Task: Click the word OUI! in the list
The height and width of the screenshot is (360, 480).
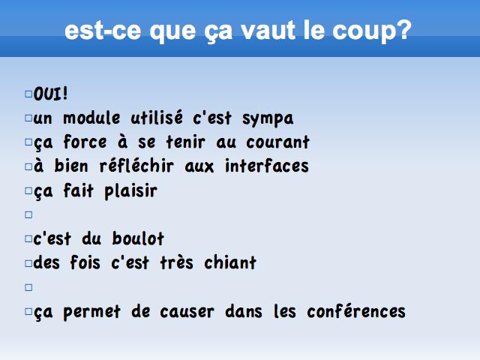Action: pos(50,94)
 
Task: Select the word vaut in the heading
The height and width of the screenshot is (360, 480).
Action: pos(268,30)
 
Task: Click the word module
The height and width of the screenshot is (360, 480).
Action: pos(91,118)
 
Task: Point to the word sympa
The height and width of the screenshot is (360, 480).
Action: pos(268,119)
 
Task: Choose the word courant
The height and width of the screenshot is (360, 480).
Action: pos(278,142)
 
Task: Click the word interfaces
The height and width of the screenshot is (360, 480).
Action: pos(267,166)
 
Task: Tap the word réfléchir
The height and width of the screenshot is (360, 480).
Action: pos(136,166)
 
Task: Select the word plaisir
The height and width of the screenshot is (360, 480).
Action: pos(131,192)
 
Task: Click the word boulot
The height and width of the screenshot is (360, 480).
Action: pos(138,238)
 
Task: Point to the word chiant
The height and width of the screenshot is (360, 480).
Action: pos(230,262)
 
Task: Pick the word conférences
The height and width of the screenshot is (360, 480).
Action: pos(356,311)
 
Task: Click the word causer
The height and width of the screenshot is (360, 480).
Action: pos(187,312)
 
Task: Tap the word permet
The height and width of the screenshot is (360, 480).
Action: pos(91,313)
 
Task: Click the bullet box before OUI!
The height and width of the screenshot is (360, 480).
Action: pos(28,94)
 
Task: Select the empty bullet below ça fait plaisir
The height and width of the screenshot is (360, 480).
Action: pos(28,215)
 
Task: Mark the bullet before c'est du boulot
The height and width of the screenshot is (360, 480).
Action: pos(28,238)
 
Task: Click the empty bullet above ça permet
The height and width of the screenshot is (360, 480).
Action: pos(28,287)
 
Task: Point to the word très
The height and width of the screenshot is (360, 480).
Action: pos(177,262)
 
